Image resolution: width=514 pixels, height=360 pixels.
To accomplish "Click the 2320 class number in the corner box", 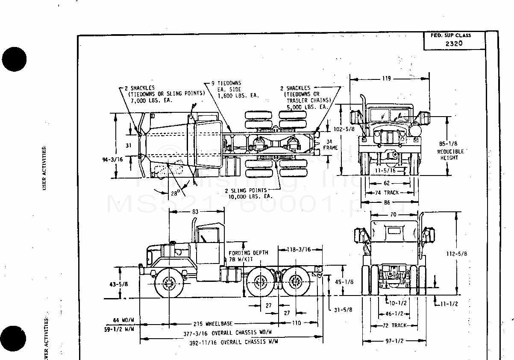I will (453, 43).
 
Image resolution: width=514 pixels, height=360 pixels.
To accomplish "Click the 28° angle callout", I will (174, 193).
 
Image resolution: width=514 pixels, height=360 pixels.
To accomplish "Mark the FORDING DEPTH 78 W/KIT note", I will (248, 256).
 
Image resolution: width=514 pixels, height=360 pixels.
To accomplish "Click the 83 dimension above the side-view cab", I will (196, 211).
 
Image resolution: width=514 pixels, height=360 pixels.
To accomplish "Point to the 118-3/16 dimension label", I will (298, 249).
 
